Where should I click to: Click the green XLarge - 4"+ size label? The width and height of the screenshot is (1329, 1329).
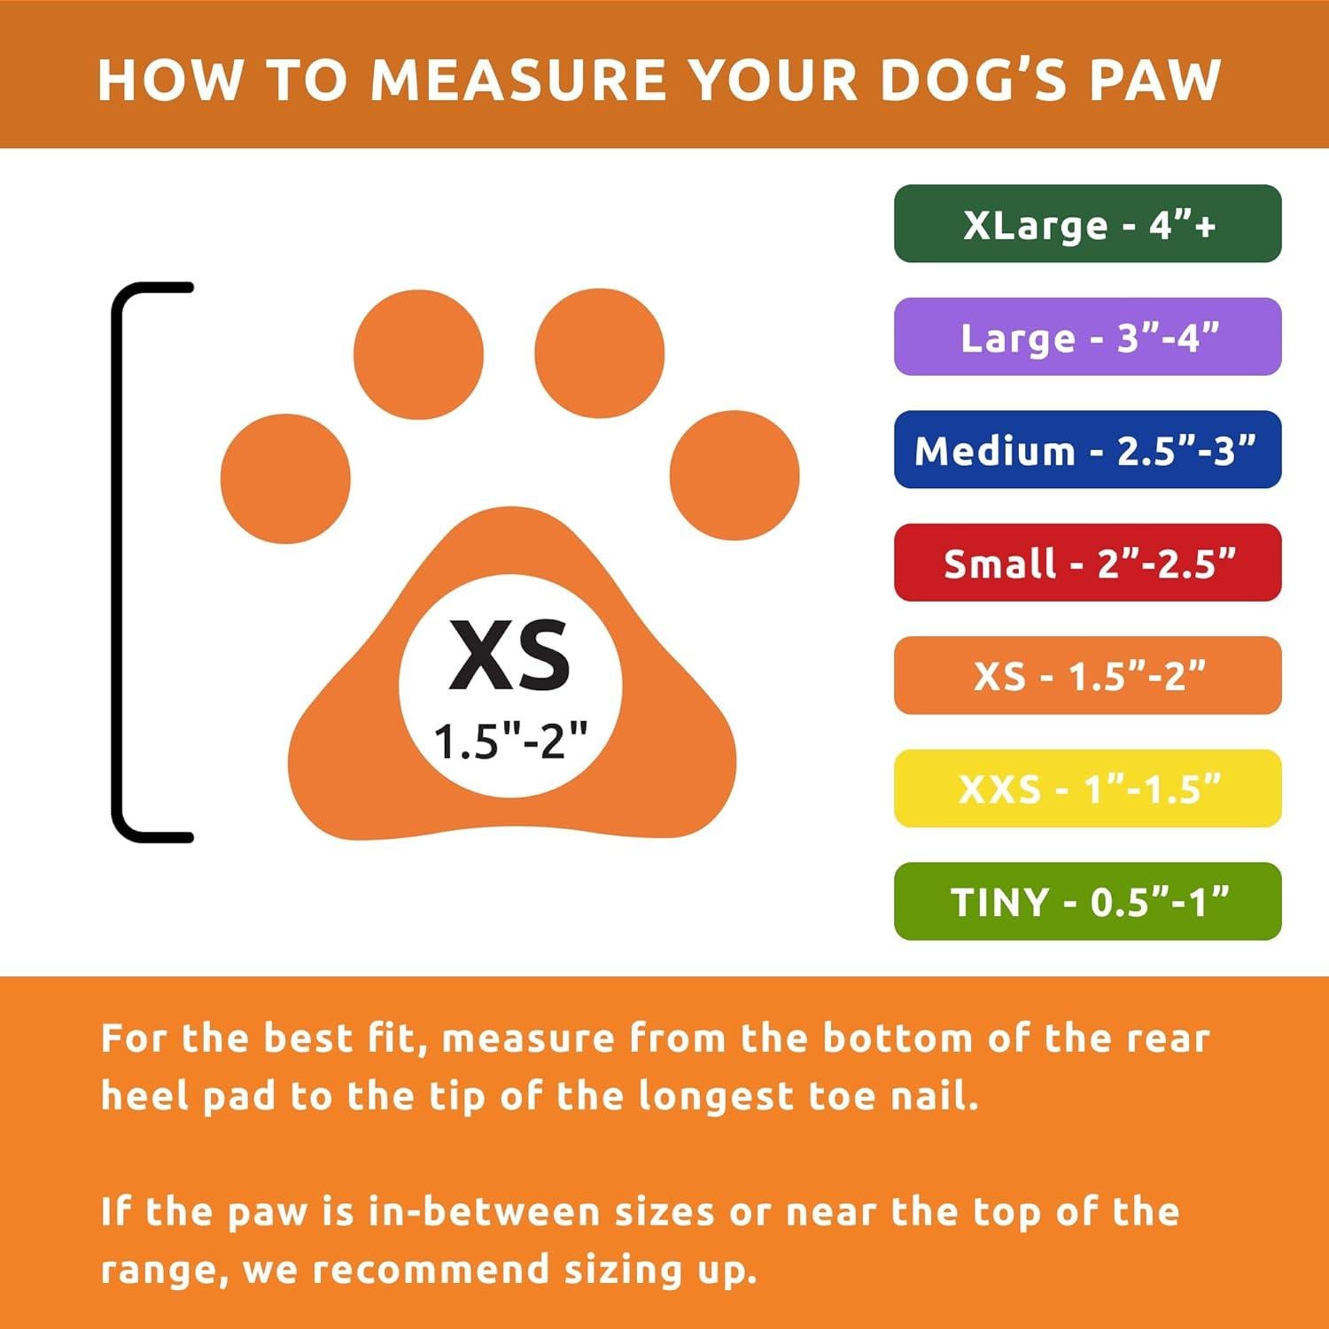[1087, 224]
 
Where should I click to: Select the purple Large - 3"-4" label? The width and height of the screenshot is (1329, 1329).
[1087, 337]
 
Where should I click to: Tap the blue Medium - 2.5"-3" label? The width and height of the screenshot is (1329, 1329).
[1087, 450]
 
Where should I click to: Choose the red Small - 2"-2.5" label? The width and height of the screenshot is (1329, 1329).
[1087, 563]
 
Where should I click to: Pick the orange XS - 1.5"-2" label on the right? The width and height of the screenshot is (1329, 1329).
[1087, 676]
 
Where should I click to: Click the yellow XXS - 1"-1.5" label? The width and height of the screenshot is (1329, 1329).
[1087, 789]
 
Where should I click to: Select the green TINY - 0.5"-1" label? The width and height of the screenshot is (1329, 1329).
[1087, 901]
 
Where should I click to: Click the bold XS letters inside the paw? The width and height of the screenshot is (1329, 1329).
[509, 656]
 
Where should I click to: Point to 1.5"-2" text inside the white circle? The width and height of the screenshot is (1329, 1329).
[510, 740]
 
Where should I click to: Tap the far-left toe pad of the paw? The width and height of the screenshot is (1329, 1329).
[285, 478]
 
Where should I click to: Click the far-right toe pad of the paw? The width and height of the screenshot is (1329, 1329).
[734, 476]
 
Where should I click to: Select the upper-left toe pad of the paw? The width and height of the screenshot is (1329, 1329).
[418, 354]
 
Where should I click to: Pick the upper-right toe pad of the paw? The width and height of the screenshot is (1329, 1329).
[600, 352]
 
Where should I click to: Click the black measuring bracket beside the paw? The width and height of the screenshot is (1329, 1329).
[117, 563]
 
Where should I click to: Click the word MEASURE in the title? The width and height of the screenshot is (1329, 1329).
[518, 80]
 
